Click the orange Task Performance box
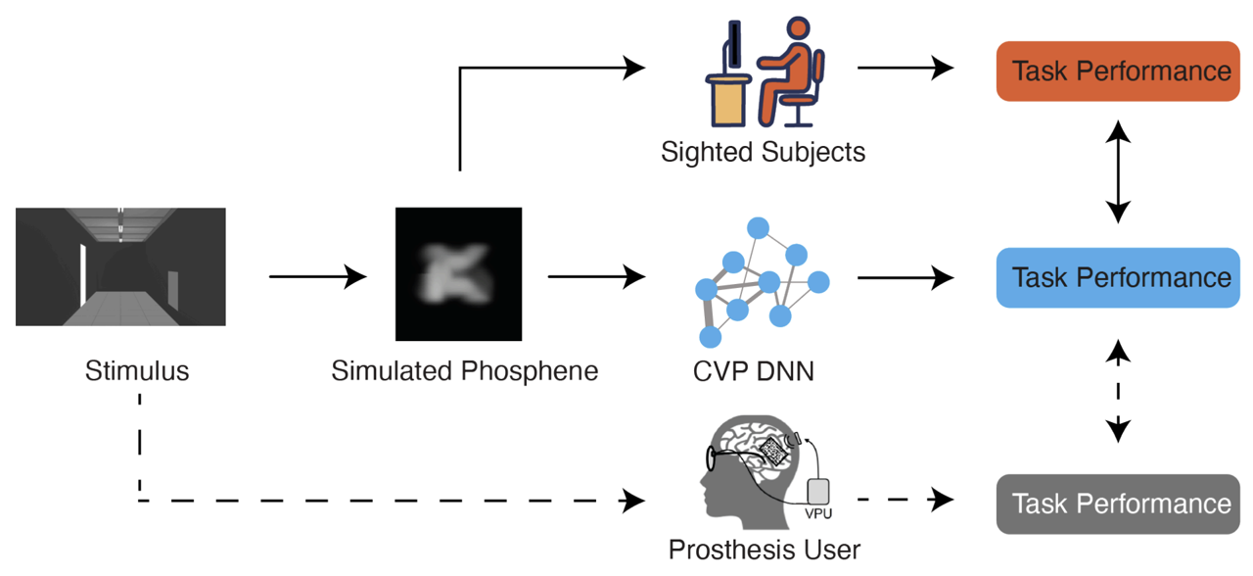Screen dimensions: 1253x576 click(x=1118, y=72)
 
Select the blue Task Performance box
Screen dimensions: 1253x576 click(x=1118, y=277)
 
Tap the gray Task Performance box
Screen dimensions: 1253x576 click(x=1118, y=504)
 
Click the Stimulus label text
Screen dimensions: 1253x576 click(x=137, y=370)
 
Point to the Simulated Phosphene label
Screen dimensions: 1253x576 click(x=464, y=371)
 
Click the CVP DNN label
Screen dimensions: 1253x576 click(x=754, y=371)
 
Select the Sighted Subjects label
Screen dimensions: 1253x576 click(x=763, y=152)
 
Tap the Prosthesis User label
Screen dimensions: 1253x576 click(x=765, y=550)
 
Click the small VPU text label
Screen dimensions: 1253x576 click(x=817, y=513)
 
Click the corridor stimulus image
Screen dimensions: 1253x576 click(x=120, y=266)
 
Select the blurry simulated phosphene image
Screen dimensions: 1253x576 click(x=459, y=273)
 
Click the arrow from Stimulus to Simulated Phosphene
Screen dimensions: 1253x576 click(x=318, y=276)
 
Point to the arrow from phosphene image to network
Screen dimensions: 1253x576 click(x=597, y=276)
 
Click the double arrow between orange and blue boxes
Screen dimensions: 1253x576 click(x=1118, y=171)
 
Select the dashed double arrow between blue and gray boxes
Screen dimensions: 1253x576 click(x=1118, y=391)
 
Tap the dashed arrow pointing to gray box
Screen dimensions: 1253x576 click(x=905, y=500)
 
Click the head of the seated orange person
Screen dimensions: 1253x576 click(x=798, y=28)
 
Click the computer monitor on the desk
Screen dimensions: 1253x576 click(x=733, y=45)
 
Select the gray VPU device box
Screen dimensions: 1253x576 click(x=818, y=492)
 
